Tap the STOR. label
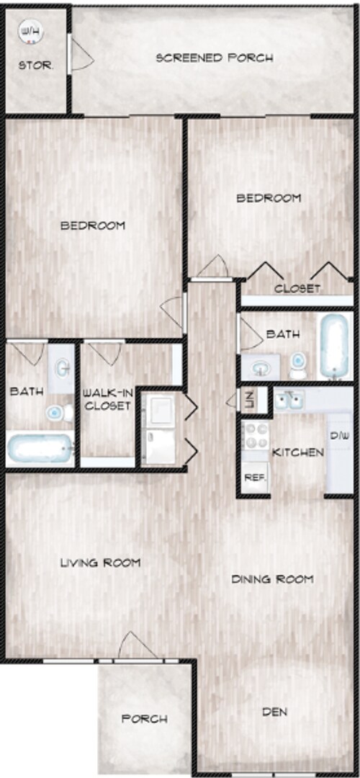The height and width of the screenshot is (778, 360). coord(35,65)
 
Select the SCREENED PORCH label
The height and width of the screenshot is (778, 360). coord(215,58)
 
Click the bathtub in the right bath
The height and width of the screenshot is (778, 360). coord(336,345)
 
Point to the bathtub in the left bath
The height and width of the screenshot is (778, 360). coord(40,448)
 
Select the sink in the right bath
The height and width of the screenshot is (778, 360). coord(259,368)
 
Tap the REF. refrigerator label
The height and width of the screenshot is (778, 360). coord(253,476)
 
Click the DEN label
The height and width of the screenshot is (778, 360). coord(274,712)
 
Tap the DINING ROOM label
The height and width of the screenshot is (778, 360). coord(272,578)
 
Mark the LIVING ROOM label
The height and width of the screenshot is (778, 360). coord(100,562)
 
